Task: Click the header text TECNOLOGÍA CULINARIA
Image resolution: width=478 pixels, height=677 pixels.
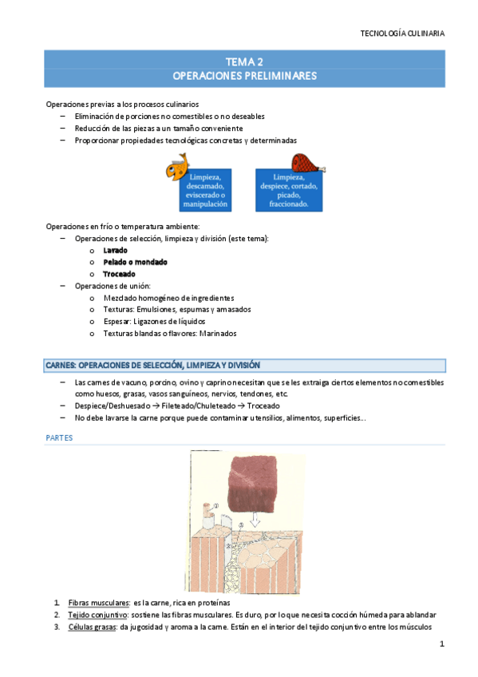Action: pyautogui.click(x=402, y=34)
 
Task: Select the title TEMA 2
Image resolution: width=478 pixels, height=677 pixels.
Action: pyautogui.click(x=244, y=61)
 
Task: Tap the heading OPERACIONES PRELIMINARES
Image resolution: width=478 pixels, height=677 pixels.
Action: pyautogui.click(x=244, y=77)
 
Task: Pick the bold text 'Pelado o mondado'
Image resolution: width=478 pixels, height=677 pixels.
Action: pyautogui.click(x=135, y=262)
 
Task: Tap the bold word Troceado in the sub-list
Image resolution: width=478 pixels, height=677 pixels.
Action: pyautogui.click(x=120, y=274)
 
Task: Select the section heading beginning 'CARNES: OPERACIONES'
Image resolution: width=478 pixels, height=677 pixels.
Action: pyautogui.click(x=152, y=366)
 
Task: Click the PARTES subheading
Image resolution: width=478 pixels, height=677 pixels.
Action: pyautogui.click(x=60, y=437)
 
